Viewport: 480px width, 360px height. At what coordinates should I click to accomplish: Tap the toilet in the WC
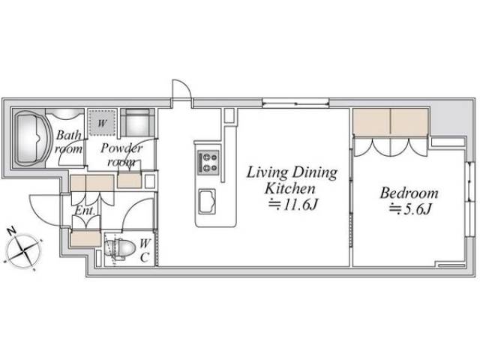[x=120, y=248]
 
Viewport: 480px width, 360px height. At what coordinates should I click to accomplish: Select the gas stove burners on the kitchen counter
[x=208, y=163]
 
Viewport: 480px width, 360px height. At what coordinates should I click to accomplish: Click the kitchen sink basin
[x=207, y=201]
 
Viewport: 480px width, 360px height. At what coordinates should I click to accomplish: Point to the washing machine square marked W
[x=102, y=122]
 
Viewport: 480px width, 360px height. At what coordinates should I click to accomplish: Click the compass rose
[x=23, y=250]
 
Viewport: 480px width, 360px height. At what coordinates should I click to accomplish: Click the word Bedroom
[x=409, y=193]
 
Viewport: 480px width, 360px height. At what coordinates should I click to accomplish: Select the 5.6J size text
[x=410, y=210]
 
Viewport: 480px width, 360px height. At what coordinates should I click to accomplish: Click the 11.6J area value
[x=292, y=205]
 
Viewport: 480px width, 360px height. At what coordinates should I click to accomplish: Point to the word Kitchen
[x=289, y=188]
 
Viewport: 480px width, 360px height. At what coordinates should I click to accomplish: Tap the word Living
[x=267, y=173]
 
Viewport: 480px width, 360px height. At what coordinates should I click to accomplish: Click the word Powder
[x=121, y=148]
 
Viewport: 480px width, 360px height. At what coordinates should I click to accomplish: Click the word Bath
[x=69, y=135]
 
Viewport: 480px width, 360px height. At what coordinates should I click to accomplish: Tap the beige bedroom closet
[x=390, y=121]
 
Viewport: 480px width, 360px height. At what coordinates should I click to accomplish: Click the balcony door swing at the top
[x=181, y=89]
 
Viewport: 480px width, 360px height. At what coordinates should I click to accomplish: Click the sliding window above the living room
[x=295, y=103]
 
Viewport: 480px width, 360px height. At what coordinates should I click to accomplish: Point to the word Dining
[x=315, y=173]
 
